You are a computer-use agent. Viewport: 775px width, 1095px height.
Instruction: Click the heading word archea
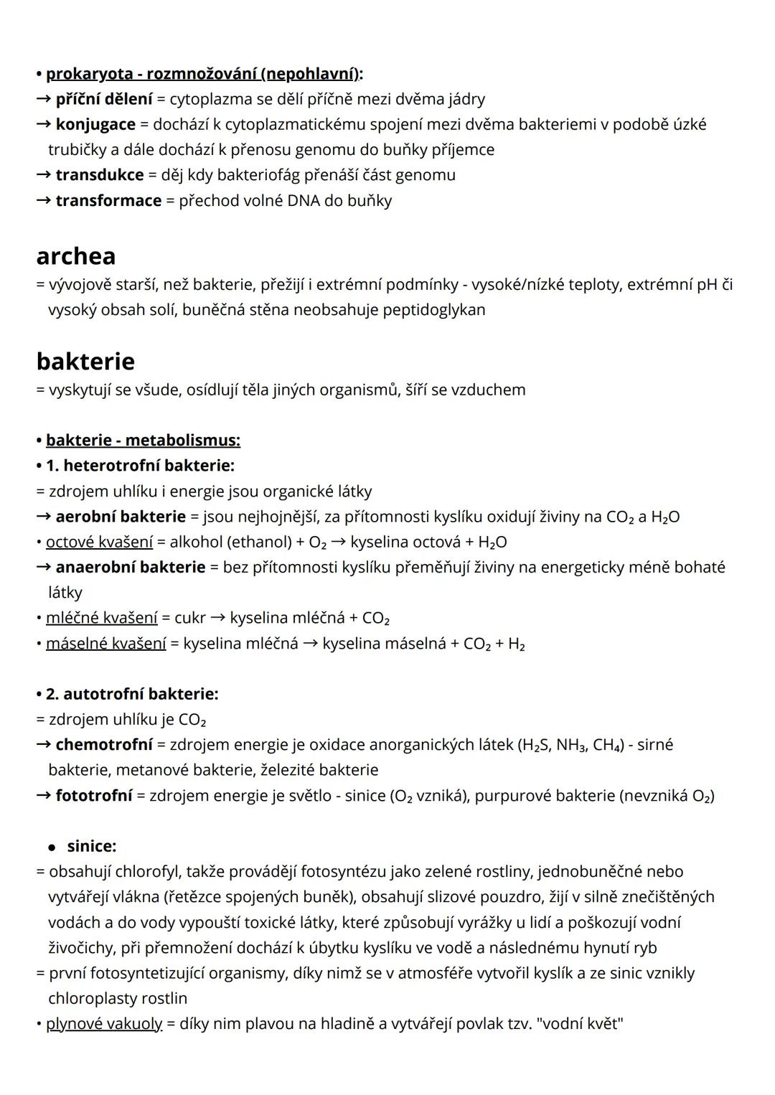75,256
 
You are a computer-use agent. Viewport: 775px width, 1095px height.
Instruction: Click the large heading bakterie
85,361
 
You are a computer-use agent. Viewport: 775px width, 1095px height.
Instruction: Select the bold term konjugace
95,124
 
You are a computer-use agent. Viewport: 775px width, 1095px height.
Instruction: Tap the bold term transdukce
100,175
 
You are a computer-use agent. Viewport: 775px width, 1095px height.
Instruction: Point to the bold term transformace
108,200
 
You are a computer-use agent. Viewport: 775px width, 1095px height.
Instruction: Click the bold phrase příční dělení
104,99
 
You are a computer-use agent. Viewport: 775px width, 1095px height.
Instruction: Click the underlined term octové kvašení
99,542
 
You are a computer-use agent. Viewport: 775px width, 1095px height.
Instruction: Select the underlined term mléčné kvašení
101,618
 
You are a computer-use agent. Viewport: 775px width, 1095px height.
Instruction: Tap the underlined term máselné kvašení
105,643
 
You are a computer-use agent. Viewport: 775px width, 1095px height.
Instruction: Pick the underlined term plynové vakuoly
104,1023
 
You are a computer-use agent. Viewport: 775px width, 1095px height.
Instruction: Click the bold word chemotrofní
104,745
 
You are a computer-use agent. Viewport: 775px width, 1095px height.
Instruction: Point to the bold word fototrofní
94,795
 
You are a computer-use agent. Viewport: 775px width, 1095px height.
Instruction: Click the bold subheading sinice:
92,846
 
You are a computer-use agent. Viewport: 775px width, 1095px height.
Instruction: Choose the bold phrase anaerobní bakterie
131,567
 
